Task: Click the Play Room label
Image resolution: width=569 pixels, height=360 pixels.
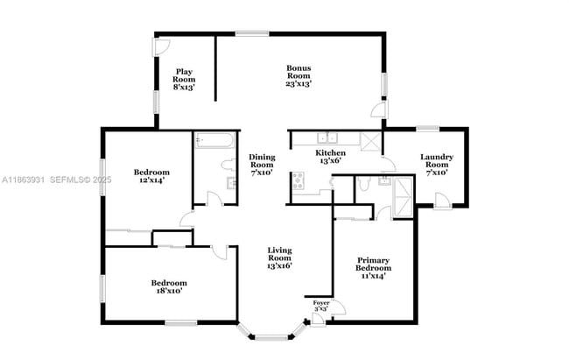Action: click(184, 80)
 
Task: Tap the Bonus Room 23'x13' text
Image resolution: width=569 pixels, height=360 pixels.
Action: click(299, 75)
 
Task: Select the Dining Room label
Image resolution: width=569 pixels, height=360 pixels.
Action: click(262, 165)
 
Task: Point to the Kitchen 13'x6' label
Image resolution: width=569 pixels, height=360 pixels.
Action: click(330, 157)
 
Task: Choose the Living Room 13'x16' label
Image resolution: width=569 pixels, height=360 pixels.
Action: click(278, 258)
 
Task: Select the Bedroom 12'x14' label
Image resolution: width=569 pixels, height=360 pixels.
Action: click(151, 176)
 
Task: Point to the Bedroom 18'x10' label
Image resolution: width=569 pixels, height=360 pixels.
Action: click(168, 287)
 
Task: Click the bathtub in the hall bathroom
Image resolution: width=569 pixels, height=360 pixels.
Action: click(214, 140)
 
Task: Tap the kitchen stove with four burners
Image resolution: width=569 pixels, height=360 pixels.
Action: click(298, 181)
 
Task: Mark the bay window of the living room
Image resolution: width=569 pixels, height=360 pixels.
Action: click(271, 332)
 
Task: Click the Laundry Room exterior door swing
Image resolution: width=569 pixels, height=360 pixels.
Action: click(444, 201)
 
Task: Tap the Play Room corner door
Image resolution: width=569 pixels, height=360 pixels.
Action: click(160, 46)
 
